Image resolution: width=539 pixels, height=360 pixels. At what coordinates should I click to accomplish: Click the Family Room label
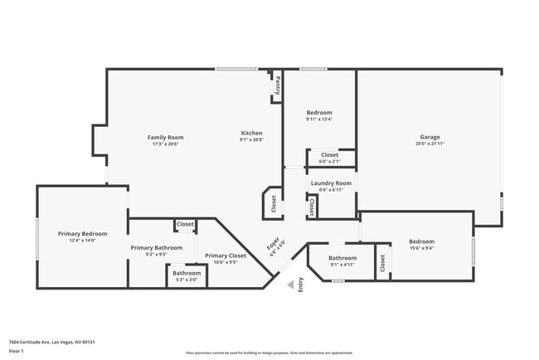[165, 137]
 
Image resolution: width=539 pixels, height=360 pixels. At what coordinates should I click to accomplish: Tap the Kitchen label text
[251, 133]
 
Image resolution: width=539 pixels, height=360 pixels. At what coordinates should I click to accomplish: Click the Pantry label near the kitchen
[278, 85]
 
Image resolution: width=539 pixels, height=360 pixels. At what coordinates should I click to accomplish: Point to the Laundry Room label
[331, 182]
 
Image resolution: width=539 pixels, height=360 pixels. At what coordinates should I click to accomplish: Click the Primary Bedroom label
[82, 234]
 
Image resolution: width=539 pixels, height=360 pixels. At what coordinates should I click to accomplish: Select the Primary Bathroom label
[157, 247]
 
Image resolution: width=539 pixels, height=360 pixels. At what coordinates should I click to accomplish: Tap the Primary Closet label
[226, 255]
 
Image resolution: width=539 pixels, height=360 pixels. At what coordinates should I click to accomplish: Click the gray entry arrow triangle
[289, 285]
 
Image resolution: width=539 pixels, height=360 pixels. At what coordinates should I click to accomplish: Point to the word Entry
[301, 284]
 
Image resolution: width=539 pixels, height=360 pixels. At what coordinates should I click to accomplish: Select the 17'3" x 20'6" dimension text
[165, 144]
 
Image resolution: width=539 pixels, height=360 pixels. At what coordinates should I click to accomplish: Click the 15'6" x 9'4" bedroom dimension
[421, 248]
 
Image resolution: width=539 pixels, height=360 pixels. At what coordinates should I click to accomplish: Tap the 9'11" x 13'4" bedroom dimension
[319, 119]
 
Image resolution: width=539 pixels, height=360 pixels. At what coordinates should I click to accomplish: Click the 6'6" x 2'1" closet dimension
[329, 161]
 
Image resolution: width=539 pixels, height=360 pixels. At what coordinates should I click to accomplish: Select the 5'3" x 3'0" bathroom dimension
[187, 280]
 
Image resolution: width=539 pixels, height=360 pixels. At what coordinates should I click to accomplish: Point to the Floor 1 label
[17, 352]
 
